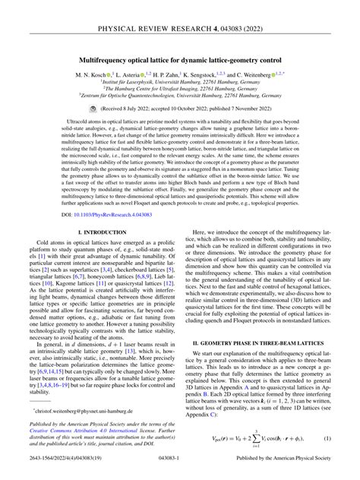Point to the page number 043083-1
[180, 471]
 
